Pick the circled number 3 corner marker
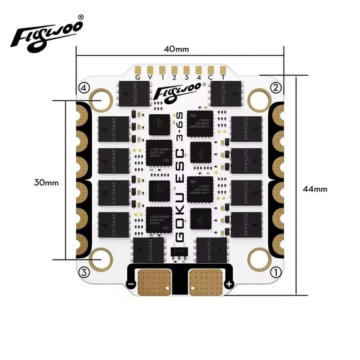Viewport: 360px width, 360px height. tap(84, 271)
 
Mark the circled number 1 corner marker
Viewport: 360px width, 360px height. tap(276, 271)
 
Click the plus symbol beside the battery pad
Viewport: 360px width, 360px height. tap(228, 284)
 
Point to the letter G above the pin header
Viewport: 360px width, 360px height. tap(138, 77)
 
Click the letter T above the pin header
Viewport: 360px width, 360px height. tap(222, 77)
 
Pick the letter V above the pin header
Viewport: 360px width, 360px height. tap(150, 77)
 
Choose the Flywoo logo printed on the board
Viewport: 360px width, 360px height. tap(175, 94)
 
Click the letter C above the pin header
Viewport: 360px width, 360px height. tap(210, 77)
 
